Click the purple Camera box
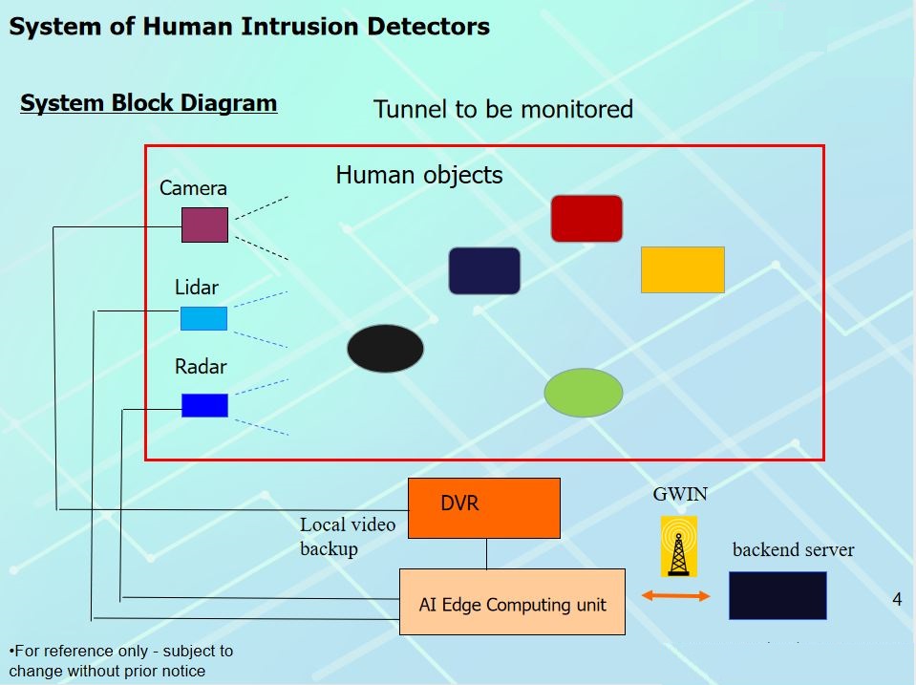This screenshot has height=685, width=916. pos(204,225)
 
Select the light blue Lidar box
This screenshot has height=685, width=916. pos(203,318)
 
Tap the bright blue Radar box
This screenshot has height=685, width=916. pos(204,405)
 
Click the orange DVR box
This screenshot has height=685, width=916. pos(483,507)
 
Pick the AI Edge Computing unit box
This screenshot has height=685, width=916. pos(512,602)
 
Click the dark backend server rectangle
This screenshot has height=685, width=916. pos(778,595)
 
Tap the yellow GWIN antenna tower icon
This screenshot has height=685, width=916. pos(678,546)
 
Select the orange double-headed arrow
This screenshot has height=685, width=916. pos(676,596)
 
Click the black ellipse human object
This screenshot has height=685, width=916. pos(385,348)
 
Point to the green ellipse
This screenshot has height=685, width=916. pos(584,392)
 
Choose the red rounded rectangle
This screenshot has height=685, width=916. pos(586,218)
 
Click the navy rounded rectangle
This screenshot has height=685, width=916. pos(484,270)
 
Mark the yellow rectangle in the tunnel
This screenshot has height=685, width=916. pos(682,269)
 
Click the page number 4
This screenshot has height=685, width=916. pos(896,599)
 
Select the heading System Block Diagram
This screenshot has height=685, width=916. pos(148,103)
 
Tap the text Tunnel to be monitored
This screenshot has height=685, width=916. pos(502,109)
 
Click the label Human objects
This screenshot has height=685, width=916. pos(418,175)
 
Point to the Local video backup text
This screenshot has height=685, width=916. pos(347,536)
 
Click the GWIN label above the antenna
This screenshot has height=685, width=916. pos(680,494)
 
